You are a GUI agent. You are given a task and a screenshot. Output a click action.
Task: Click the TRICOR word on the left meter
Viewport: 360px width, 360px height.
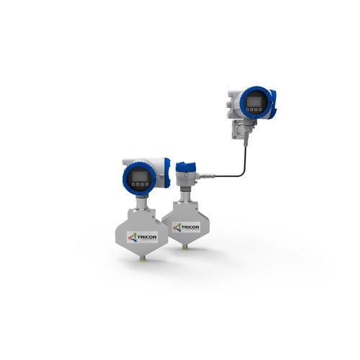coord(147,237)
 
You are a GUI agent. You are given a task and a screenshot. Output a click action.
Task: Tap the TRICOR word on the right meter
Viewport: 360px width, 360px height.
coord(190,227)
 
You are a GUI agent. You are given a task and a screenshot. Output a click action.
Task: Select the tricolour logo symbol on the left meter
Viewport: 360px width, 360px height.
coord(132,237)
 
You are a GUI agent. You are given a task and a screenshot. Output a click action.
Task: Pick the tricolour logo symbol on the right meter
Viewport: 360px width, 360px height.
coord(177,227)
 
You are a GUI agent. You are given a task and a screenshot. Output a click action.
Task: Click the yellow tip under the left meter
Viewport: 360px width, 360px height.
coord(142,258)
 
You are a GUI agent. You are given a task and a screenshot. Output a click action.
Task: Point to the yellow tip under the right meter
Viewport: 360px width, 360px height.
coord(185,248)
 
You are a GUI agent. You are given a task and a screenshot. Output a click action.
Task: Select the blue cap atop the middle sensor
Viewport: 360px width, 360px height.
coord(186,166)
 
